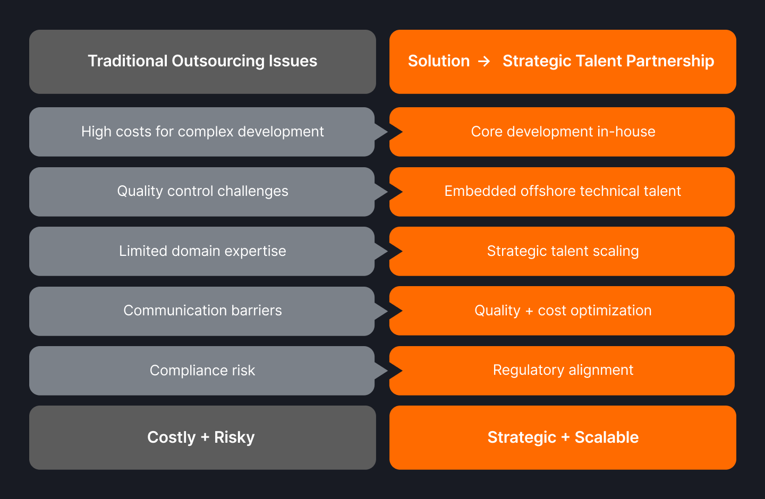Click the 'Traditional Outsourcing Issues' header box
202,62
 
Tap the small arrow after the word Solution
484,62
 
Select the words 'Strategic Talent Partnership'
608,62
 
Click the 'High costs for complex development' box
202,132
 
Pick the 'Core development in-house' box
563,132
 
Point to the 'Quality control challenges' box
202,191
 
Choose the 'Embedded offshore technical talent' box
563,191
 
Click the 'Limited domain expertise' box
202,251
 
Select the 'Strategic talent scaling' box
563,251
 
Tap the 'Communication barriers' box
202,311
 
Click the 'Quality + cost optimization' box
563,311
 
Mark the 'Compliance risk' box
202,371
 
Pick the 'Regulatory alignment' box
563,371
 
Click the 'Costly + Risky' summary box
202,437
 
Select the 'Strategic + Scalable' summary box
563,437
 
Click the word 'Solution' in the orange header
439,62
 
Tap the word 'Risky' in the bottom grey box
234,437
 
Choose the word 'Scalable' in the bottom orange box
607,437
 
